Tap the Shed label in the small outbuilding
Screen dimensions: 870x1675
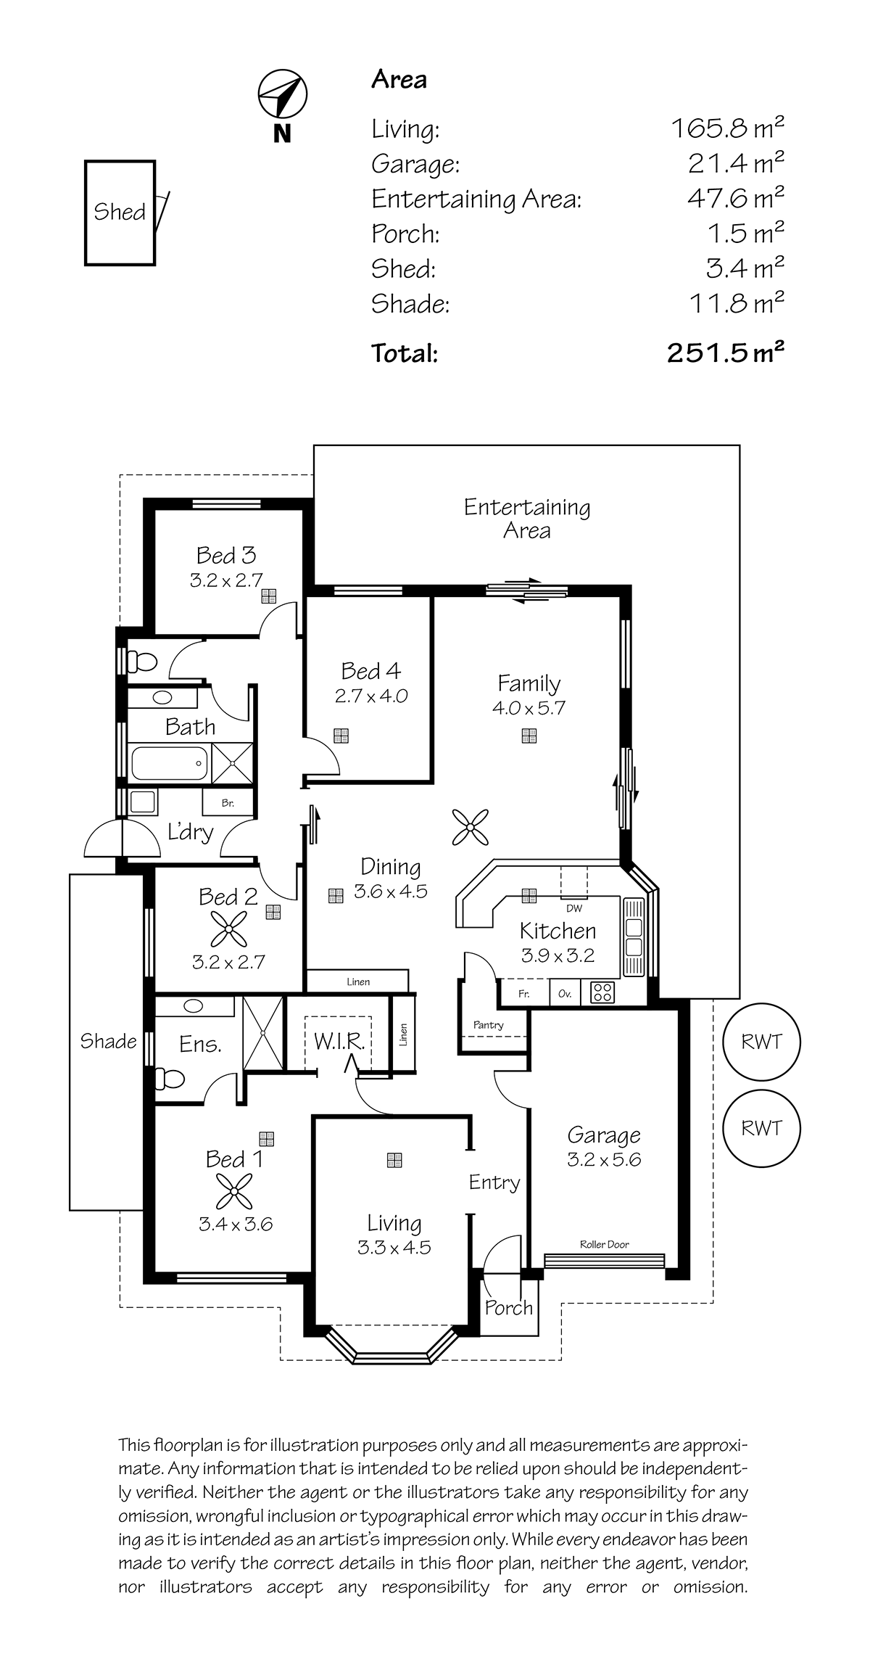pyautogui.click(x=120, y=212)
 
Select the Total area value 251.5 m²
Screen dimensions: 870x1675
pyautogui.click(x=726, y=353)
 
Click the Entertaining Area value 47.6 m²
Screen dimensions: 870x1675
pyautogui.click(x=736, y=197)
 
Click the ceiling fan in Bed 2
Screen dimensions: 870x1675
pyautogui.click(x=229, y=929)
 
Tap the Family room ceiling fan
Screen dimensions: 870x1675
pyautogui.click(x=470, y=827)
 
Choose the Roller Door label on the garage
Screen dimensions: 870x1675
pyautogui.click(x=604, y=1244)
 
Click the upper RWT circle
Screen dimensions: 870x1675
pyautogui.click(x=761, y=1042)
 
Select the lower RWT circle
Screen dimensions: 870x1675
pyautogui.click(x=761, y=1128)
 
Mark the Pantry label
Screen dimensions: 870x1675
pyautogui.click(x=488, y=1025)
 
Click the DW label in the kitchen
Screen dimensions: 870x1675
pyautogui.click(x=573, y=908)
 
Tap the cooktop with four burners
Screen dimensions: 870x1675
pyautogui.click(x=602, y=992)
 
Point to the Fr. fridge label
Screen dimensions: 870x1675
pyautogui.click(x=523, y=994)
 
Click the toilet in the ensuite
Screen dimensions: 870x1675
pyautogui.click(x=170, y=1079)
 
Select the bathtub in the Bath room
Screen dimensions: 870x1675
pyautogui.click(x=169, y=762)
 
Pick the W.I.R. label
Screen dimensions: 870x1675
pyautogui.click(x=339, y=1041)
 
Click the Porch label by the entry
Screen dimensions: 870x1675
pyautogui.click(x=508, y=1307)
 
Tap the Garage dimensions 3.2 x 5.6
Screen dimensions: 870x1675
pyautogui.click(x=604, y=1158)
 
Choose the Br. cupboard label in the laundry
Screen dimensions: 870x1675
pyautogui.click(x=228, y=803)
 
